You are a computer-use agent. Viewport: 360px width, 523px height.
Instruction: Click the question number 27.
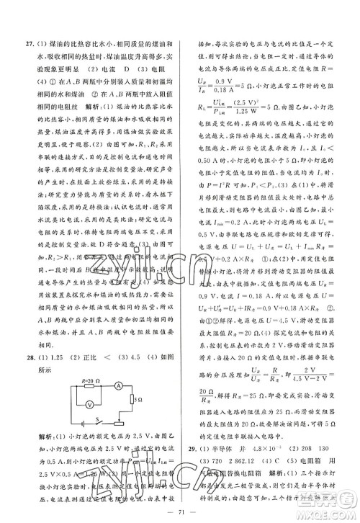[24, 19]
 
